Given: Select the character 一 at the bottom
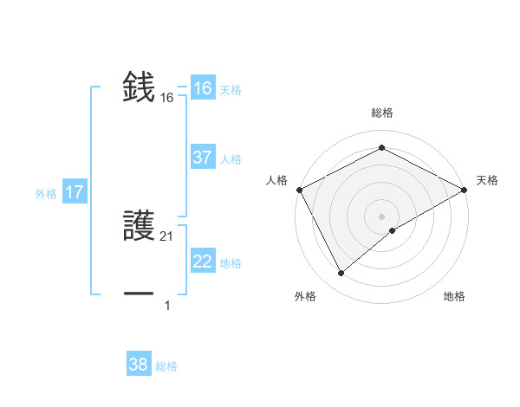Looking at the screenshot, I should pyautogui.click(x=139, y=294).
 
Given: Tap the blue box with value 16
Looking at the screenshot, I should pyautogui.click(x=202, y=88).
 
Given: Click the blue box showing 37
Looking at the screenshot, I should pyautogui.click(x=202, y=158).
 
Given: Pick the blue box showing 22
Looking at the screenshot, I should pyautogui.click(x=202, y=262).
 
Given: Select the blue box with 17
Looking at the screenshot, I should pyautogui.click(x=75, y=192).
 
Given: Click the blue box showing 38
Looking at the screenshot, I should pyautogui.click(x=138, y=365).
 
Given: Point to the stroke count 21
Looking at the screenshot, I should pyautogui.click(x=167, y=236).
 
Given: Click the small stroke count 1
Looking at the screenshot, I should pyautogui.click(x=167, y=306).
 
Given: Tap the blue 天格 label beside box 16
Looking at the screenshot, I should pyautogui.click(x=231, y=90).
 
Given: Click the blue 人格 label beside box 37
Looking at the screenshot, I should pyautogui.click(x=231, y=159).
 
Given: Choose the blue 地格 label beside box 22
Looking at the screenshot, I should pyautogui.click(x=231, y=263).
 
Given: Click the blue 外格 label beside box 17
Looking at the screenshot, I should pyautogui.click(x=46, y=194).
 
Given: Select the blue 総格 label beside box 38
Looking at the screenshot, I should pyautogui.click(x=166, y=366).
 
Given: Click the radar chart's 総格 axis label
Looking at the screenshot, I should pyautogui.click(x=381, y=113).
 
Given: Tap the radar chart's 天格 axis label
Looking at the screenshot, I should pyautogui.click(x=487, y=180).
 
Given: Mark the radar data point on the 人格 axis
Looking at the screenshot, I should pyautogui.click(x=299, y=189).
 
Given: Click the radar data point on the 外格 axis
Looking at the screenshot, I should pyautogui.click(x=341, y=274).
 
